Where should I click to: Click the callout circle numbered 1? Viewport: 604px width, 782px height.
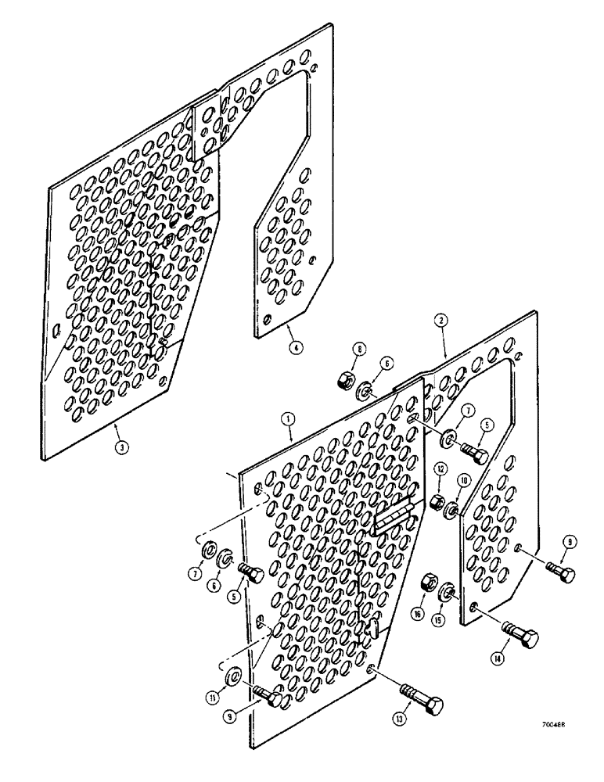click(x=289, y=420)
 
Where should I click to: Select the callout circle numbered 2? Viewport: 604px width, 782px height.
click(x=442, y=321)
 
